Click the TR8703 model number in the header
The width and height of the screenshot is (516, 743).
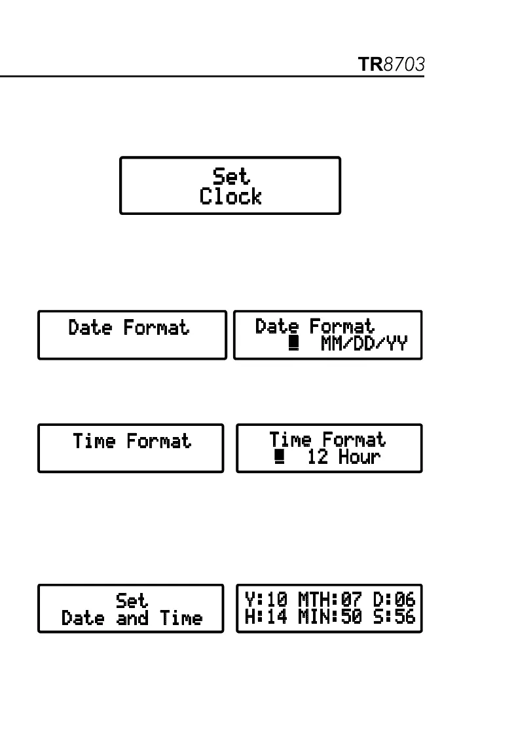click(392, 65)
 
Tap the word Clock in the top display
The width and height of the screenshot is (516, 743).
click(230, 197)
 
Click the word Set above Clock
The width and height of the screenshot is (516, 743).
click(231, 176)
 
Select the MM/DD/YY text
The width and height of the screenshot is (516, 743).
click(363, 343)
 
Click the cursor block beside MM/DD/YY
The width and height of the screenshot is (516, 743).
click(293, 344)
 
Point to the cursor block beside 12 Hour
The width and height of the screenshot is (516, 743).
click(280, 457)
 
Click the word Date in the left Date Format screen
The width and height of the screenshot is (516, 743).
click(90, 327)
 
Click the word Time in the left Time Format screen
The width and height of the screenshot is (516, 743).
click(94, 441)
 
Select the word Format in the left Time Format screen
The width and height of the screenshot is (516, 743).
click(158, 441)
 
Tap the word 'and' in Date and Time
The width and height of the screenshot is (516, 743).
click(132, 618)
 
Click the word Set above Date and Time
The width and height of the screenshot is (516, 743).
click(132, 600)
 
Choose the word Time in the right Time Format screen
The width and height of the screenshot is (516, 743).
click(291, 439)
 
